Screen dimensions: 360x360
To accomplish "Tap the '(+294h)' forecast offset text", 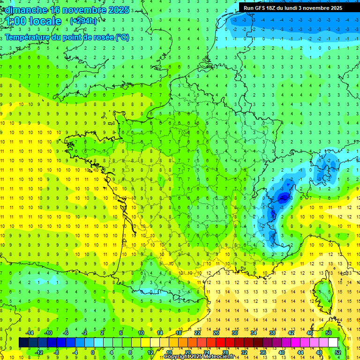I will tap(83, 21).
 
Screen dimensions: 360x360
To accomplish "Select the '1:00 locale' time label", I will tap(34, 21).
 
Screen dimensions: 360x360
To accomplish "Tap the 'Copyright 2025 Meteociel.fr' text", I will tap(199, 357).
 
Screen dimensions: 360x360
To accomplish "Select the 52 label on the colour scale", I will tap(338, 352).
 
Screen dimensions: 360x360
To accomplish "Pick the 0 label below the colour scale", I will tap(93, 352).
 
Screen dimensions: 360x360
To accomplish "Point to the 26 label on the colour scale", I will tap(216, 333).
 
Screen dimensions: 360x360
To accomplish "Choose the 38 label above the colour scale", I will tap(272, 333).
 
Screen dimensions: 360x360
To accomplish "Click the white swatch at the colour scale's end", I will tap(333, 343).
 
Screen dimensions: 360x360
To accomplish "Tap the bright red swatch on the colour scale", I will tap(221, 343).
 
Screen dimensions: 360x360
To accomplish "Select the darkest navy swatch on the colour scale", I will tap(23, 343).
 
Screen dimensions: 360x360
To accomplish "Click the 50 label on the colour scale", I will tap(329, 333).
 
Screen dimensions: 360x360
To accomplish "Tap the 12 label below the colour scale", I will tap(150, 352).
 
